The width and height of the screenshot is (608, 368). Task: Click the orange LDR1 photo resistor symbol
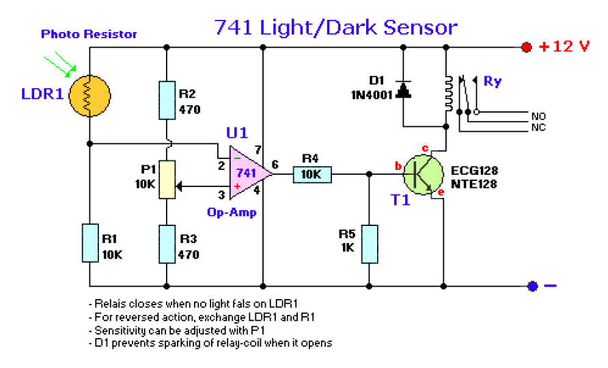click(89, 96)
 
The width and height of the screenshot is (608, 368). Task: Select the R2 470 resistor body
click(167, 100)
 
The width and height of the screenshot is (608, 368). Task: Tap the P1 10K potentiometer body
click(167, 180)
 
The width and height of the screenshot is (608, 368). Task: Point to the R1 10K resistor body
click(90, 243)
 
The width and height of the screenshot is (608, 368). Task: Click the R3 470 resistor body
click(167, 244)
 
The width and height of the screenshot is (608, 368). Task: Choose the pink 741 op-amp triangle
click(248, 173)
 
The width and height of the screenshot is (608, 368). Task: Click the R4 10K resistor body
click(312, 174)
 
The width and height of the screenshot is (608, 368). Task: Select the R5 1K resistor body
click(370, 244)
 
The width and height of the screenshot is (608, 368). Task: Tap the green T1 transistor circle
click(423, 175)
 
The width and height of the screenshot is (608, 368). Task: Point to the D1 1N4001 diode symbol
click(403, 90)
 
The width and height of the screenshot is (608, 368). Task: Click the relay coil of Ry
click(449, 94)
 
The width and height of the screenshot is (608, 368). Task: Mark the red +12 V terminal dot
click(526, 47)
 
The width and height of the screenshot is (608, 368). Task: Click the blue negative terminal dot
click(532, 286)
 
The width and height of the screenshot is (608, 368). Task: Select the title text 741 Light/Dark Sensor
click(336, 27)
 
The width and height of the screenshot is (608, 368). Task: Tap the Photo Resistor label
click(89, 34)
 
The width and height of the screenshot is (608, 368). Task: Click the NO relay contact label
click(538, 116)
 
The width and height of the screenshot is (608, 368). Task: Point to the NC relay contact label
click(538, 127)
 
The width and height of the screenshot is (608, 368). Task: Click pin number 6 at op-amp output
click(275, 165)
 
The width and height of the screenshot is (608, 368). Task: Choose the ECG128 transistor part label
click(474, 171)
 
